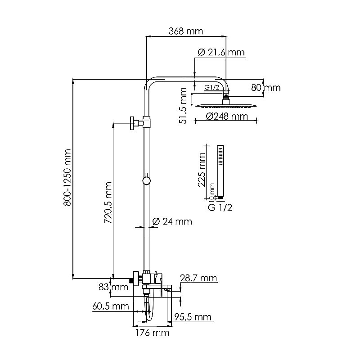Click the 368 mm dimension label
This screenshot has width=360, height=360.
[x=186, y=31]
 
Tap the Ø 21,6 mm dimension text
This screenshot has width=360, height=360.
[x=221, y=53]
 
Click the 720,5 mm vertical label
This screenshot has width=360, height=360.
[x=108, y=204]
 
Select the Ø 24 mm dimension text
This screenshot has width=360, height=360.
[x=172, y=221]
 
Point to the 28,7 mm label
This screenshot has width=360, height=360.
[x=198, y=279]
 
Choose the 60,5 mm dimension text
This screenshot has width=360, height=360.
[x=109, y=306]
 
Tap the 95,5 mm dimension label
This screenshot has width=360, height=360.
[x=193, y=317]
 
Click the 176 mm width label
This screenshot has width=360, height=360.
[x=153, y=333]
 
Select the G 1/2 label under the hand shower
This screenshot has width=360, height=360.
[x=219, y=207]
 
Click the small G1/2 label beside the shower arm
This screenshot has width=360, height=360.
[x=211, y=87]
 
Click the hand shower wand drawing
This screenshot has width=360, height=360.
[x=220, y=171]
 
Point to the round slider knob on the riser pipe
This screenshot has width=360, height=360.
[x=146, y=180]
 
